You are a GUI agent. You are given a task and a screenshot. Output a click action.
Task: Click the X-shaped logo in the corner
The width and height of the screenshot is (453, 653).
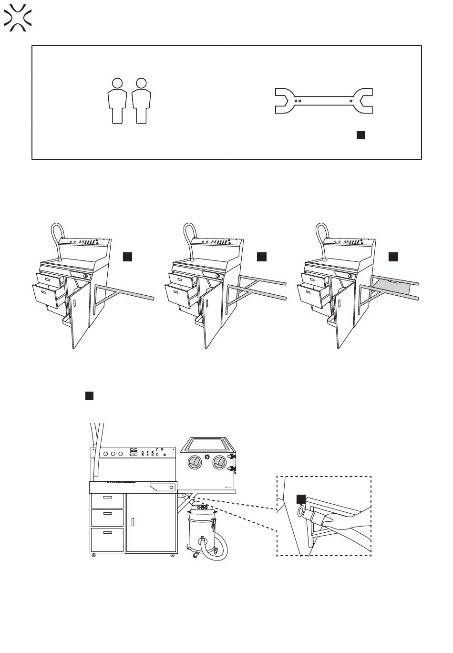(18, 18)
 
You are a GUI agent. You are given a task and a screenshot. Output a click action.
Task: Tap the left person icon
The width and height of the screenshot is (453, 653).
(117, 101)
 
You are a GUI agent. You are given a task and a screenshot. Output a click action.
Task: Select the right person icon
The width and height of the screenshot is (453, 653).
(141, 101)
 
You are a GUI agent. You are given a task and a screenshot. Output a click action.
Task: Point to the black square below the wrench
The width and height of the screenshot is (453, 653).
(360, 135)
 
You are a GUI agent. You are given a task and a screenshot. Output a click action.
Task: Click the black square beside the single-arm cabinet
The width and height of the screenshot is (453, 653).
(127, 257)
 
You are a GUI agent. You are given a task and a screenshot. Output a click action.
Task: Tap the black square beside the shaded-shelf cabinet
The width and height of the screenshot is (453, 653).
(393, 257)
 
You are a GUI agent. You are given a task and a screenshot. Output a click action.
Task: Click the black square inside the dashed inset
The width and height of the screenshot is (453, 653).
(301, 499)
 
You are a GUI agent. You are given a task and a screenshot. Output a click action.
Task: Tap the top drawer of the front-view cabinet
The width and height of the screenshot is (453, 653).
(107, 500)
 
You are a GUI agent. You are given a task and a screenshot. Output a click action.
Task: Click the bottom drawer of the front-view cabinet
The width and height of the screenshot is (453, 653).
(107, 539)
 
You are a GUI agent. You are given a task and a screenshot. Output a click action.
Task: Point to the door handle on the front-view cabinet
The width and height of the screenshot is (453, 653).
(133, 521)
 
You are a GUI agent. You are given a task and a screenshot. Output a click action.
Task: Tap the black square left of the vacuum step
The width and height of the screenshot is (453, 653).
(89, 396)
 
